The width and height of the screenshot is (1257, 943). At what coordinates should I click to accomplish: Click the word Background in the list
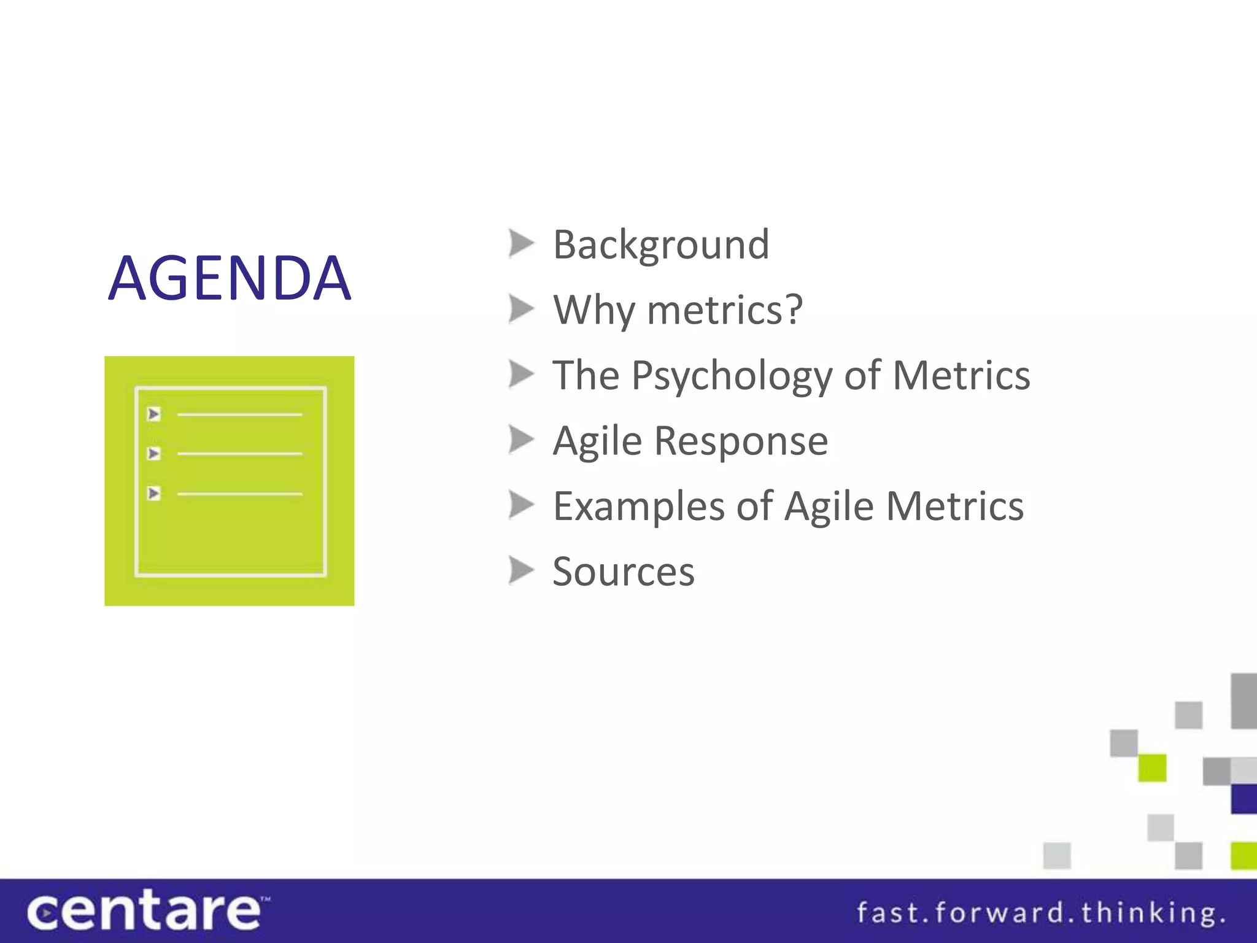coord(660,244)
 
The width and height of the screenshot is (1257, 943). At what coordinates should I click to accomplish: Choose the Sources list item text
coord(623,572)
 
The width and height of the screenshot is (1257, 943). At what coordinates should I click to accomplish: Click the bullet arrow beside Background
coord(521,244)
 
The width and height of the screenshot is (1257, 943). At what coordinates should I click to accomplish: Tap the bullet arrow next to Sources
coord(521,571)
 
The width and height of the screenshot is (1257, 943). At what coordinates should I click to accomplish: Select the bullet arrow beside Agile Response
coord(521,440)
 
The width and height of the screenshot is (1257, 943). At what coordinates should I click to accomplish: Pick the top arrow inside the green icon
coord(154,414)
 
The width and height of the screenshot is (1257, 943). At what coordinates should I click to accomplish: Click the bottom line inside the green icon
coord(239,494)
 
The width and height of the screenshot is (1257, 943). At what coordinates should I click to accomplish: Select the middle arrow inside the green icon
coord(154,454)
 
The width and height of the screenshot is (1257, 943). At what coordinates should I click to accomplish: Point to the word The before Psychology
coord(586,375)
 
